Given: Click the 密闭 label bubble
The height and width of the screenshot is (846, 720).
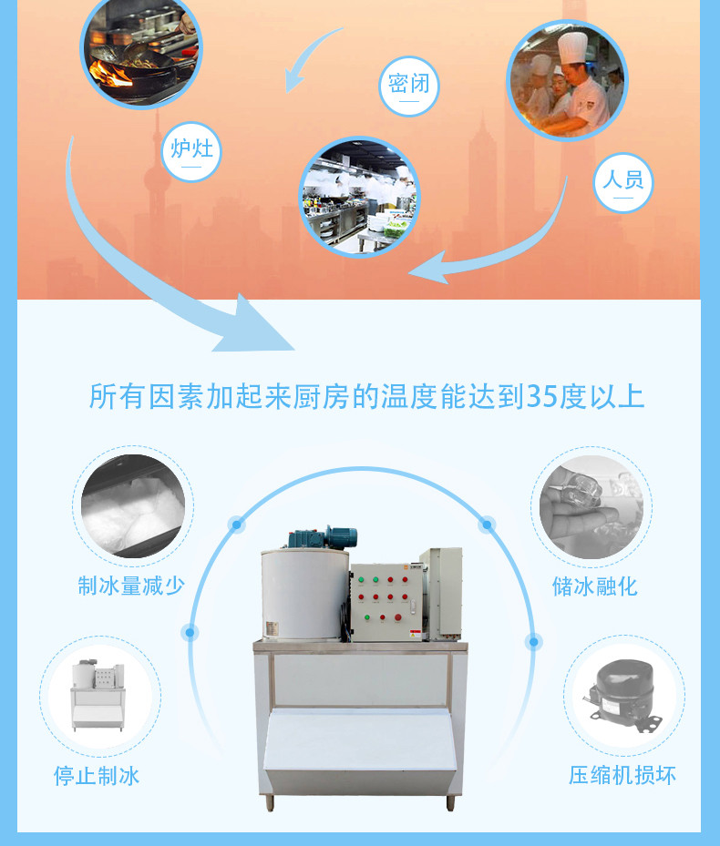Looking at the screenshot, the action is pyautogui.click(x=409, y=87).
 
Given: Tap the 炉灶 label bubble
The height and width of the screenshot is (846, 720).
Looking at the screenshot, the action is pyautogui.click(x=191, y=151).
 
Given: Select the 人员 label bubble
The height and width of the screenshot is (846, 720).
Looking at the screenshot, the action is pyautogui.click(x=622, y=182).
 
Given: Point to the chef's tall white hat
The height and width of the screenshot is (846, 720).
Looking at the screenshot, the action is pyautogui.click(x=572, y=47).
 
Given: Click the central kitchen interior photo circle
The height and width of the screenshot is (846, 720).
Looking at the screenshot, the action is pyautogui.click(x=359, y=197).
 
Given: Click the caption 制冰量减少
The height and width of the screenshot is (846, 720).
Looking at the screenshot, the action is pyautogui.click(x=131, y=586).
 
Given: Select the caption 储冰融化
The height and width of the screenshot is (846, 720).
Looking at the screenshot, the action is pyautogui.click(x=595, y=586).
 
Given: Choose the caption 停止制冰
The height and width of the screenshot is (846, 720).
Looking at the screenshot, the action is pyautogui.click(x=97, y=776).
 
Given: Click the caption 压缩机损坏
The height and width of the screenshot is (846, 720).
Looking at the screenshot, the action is pyautogui.click(x=622, y=775).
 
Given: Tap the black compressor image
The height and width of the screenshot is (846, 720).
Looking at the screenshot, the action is pyautogui.click(x=622, y=696).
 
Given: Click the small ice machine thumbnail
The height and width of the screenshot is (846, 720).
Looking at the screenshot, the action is pyautogui.click(x=98, y=695).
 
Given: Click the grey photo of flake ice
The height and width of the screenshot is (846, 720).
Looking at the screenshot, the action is pyautogui.click(x=133, y=506).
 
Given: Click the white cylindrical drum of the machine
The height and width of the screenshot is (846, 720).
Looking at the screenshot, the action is pyautogui.click(x=304, y=594).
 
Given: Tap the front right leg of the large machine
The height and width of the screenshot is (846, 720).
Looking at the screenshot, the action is pyautogui.click(x=450, y=801).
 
